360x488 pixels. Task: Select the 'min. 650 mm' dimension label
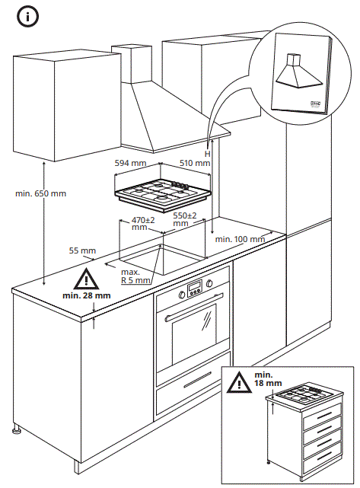click(40, 193)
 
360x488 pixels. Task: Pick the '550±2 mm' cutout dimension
click(184, 220)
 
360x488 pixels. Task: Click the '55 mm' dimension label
click(82, 250)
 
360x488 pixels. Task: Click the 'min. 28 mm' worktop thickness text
click(87, 295)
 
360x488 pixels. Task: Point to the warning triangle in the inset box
click(241, 380)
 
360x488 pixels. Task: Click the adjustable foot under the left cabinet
click(17, 432)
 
